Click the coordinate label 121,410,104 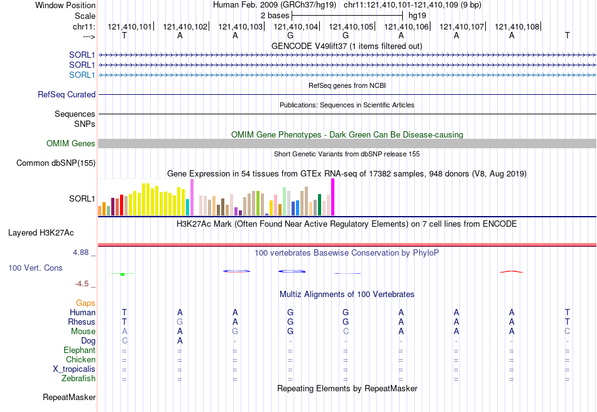[x=295, y=27]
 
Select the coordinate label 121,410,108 [x=517, y=27]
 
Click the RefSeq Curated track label [x=67, y=95]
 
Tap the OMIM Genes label [x=71, y=144]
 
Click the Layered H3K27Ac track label [x=41, y=232]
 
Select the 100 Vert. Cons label [x=35, y=268]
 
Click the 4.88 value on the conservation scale [x=82, y=252]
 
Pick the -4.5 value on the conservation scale [x=82, y=284]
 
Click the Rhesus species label [x=82, y=322]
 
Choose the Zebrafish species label [x=79, y=379]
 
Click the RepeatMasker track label [x=69, y=398]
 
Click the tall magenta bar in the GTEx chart [x=332, y=197]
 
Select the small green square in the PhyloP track [x=123, y=274]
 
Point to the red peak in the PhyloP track [x=511, y=271]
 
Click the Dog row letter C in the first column [x=124, y=341]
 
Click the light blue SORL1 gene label [x=82, y=75]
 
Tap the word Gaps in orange [x=85, y=303]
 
